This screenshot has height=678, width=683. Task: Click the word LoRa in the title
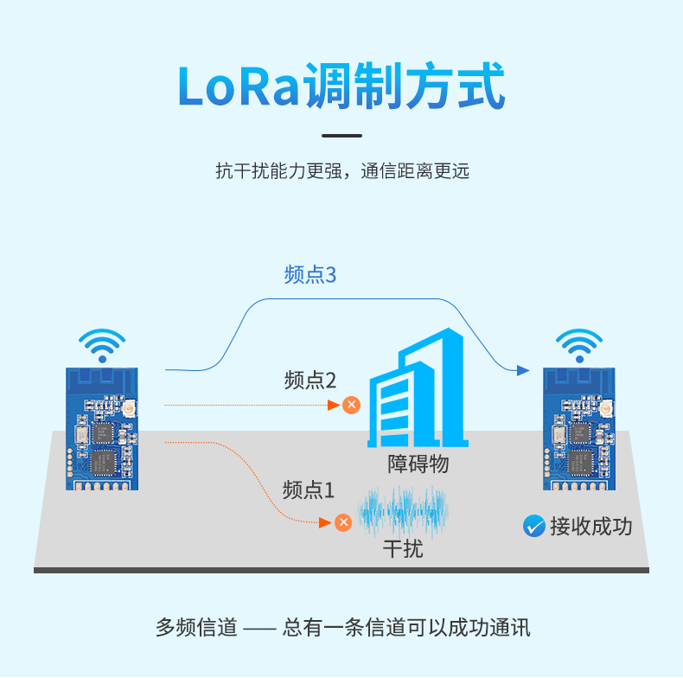239,86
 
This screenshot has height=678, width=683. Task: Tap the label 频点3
310,275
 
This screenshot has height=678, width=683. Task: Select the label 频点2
310,380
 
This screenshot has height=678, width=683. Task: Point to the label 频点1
309,489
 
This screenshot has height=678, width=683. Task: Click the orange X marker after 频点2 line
351,405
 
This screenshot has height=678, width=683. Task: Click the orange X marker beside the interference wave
343,522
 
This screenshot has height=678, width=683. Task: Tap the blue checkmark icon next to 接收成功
534,526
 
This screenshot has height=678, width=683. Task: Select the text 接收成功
590,527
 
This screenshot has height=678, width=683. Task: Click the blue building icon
418,387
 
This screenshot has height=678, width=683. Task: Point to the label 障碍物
418,464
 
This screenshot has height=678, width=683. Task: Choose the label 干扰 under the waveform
403,548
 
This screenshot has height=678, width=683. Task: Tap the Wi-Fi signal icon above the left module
102,345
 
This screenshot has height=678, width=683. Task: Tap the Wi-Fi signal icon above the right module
579,345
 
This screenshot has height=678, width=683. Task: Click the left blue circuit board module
102,429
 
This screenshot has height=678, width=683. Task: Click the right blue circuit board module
579,429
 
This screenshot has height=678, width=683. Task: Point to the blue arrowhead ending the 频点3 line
523,370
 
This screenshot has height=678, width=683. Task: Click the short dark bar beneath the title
342,136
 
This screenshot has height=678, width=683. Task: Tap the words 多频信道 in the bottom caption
196,628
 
